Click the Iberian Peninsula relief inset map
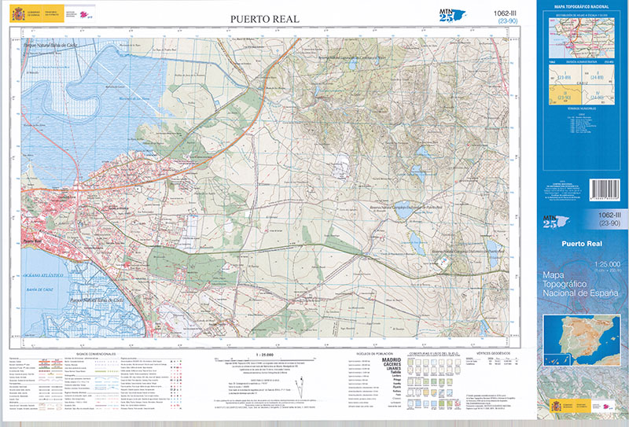tap(583, 338)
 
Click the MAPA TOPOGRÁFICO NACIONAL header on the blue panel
tap(582, 7)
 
